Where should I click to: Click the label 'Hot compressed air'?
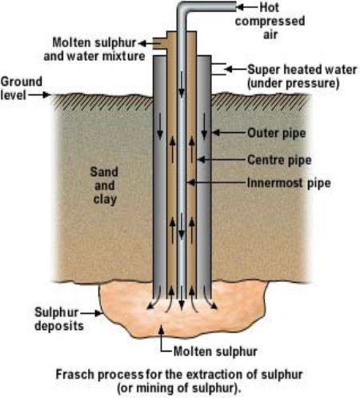point(270,21)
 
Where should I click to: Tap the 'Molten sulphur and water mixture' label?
point(94,50)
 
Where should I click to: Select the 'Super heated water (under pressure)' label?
point(302,76)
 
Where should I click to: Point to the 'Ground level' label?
point(22,88)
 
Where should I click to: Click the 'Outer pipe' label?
point(277,133)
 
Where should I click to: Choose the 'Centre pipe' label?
point(279,160)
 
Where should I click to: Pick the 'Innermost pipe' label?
point(289,183)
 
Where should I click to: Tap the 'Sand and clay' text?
point(104,186)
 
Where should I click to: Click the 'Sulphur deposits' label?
point(59,319)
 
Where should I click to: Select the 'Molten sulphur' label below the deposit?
point(215,352)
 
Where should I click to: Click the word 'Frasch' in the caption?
point(75,375)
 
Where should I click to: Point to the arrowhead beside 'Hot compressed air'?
point(240,7)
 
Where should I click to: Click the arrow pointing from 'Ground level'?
point(39,94)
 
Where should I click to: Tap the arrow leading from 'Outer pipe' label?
point(229,132)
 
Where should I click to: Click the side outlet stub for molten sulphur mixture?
point(160,43)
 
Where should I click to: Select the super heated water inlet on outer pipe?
point(219,70)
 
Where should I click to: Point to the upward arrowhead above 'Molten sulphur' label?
point(161,330)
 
